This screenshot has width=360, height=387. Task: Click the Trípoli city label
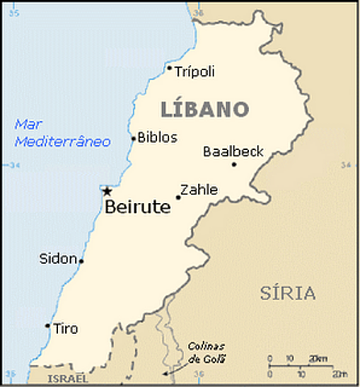(x=196, y=71)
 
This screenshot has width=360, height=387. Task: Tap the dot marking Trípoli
(x=170, y=69)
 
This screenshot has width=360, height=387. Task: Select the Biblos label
(x=157, y=137)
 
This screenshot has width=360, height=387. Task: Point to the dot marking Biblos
(x=134, y=138)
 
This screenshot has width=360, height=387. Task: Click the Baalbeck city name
(x=234, y=151)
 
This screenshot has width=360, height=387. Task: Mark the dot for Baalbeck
(x=234, y=164)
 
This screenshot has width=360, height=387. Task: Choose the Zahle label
(x=199, y=190)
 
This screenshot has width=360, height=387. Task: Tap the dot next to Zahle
(x=178, y=197)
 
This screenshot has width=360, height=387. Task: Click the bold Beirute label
(x=138, y=207)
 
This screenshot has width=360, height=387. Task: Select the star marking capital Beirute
(x=106, y=191)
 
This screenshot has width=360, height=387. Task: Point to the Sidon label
(x=58, y=259)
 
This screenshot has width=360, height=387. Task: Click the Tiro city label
(x=65, y=328)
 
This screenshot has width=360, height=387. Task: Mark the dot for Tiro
(x=48, y=326)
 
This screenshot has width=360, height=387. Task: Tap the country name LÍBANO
(x=205, y=108)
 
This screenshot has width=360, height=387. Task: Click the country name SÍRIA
(x=288, y=293)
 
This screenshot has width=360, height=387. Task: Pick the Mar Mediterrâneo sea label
(x=63, y=132)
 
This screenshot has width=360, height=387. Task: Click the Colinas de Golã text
(x=208, y=352)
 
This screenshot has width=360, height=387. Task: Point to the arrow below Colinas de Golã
(x=169, y=373)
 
